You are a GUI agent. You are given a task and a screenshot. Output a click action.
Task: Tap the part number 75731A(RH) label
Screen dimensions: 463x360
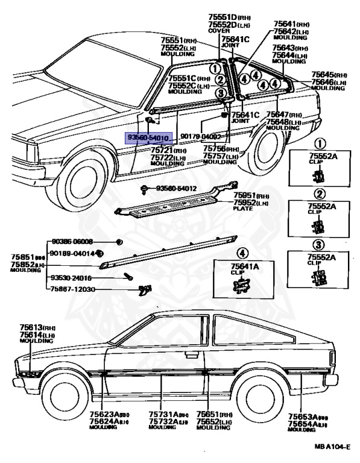(166, 415)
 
